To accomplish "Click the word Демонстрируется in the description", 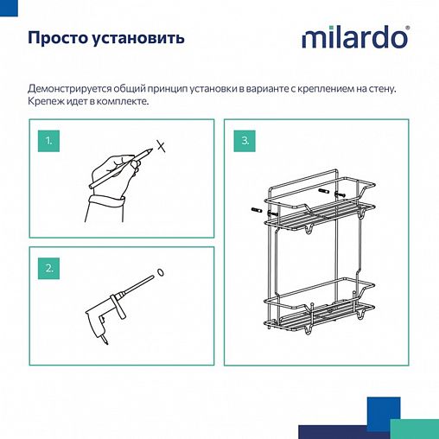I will pyautogui.click(x=73, y=88).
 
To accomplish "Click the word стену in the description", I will pyautogui.click(x=391, y=88).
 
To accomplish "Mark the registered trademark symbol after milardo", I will pyautogui.click(x=408, y=29).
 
